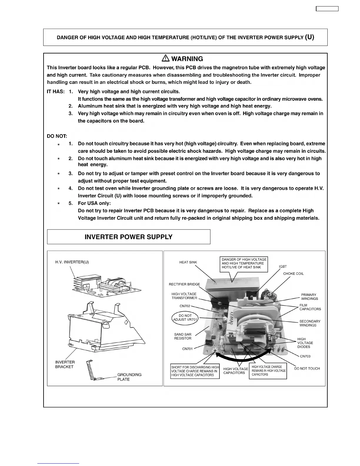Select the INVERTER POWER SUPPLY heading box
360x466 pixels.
[x=129, y=237]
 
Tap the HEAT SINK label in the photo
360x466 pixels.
[x=188, y=262]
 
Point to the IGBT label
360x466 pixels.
[x=283, y=267]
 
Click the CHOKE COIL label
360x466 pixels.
[x=293, y=274]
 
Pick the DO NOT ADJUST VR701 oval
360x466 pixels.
[x=185, y=318]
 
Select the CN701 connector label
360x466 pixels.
[x=187, y=349]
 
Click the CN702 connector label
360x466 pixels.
[x=185, y=306]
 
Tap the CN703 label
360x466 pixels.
[x=305, y=356]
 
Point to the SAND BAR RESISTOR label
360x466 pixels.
[x=183, y=336]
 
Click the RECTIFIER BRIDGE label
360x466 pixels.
[x=184, y=284]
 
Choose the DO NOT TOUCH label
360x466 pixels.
[x=307, y=368]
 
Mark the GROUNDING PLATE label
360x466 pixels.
[x=129, y=377]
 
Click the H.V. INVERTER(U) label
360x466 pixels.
[x=72, y=262]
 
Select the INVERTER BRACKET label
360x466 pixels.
[x=65, y=365]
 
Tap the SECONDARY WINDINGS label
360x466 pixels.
[x=310, y=323]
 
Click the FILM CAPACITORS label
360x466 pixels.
[x=310, y=307]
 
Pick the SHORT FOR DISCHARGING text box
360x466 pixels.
[x=195, y=371]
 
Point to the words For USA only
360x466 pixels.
[x=94, y=203]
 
